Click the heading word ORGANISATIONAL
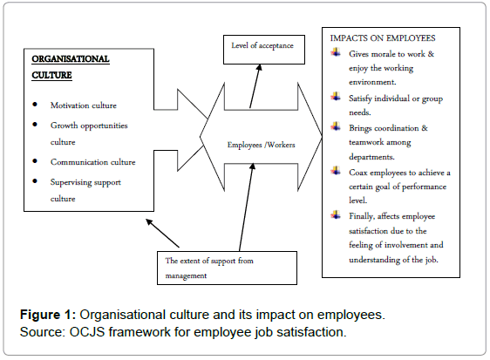point(71,59)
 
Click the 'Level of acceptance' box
point(264,50)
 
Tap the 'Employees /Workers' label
point(262,145)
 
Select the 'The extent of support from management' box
point(227,268)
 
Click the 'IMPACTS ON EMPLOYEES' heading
point(383,38)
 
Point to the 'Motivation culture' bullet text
point(84,105)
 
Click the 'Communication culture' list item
point(92,162)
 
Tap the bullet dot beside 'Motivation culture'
point(35,105)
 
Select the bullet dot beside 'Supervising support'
point(35,181)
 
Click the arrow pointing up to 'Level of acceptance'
point(255,86)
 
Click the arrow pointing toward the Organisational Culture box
point(162,233)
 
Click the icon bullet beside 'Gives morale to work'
point(336,52)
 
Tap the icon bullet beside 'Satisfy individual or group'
point(336,97)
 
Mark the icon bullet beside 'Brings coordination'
point(336,126)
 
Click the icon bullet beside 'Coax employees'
point(336,171)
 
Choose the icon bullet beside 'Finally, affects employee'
point(336,214)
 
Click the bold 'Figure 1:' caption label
point(48,315)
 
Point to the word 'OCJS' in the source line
point(87,332)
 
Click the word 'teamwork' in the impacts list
point(366,142)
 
